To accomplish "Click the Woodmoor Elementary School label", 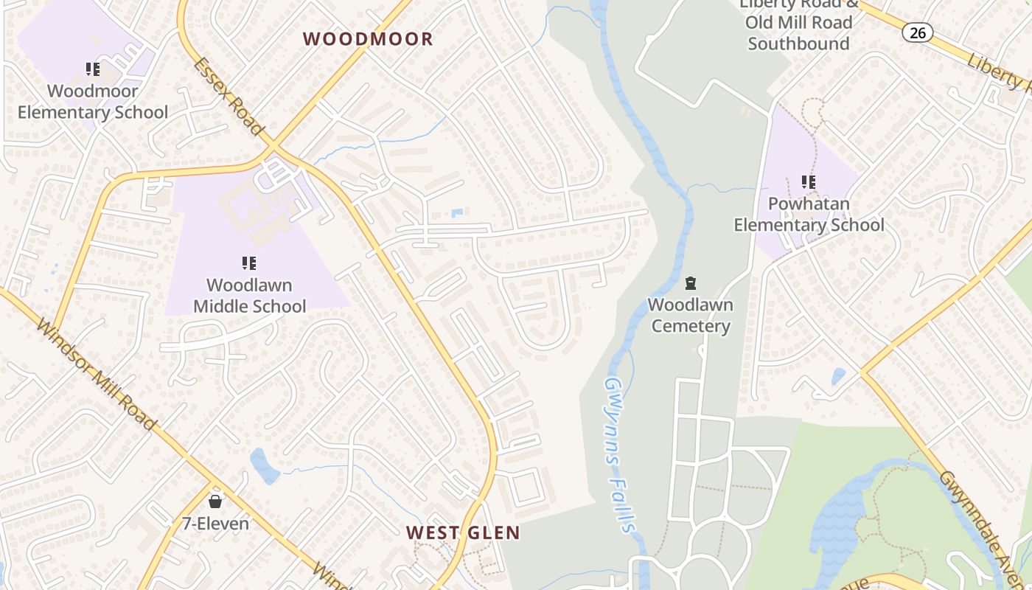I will (x=93, y=102).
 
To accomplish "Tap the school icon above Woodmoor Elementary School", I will (x=93, y=69).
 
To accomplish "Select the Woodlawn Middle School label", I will (x=249, y=295).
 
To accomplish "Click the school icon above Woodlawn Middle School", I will (x=249, y=263).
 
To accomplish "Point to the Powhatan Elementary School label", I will (x=809, y=214).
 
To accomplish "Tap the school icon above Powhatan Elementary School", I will (x=809, y=181).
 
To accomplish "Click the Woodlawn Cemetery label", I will (x=690, y=315).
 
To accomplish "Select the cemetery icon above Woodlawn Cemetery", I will (x=691, y=282).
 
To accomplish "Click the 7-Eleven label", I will (x=215, y=523).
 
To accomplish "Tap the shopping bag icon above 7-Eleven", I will (x=215, y=502).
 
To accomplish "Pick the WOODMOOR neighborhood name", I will (x=368, y=39).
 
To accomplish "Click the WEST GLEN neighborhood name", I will (x=463, y=532).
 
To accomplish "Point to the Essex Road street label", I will (x=229, y=97).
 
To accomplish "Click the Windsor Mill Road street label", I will (x=96, y=374).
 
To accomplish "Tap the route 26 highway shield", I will (x=917, y=32).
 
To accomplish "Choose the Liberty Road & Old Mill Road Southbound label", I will (x=799, y=24).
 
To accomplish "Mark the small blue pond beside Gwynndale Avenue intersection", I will (x=838, y=376).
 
